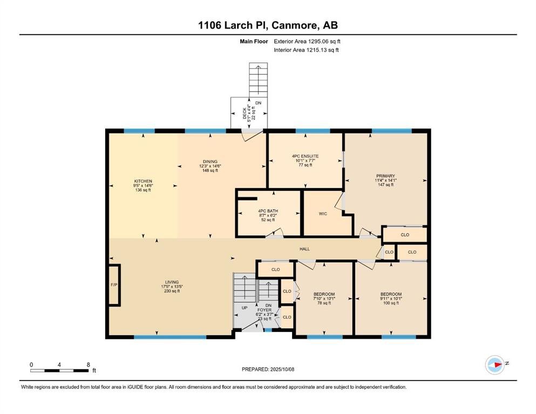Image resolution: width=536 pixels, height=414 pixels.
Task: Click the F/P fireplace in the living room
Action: coord(114,285)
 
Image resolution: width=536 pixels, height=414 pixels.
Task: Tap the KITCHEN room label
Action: coord(143,181)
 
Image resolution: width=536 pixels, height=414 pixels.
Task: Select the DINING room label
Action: coord(210,162)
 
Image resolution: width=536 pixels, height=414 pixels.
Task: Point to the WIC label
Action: coord(323,213)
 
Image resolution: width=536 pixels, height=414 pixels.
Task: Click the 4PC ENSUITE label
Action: coord(306,156)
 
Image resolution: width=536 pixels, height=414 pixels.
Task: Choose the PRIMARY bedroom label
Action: coord(385,176)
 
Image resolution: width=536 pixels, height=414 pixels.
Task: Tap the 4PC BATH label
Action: coord(268,211)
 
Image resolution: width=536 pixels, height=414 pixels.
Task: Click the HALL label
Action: coord(304,249)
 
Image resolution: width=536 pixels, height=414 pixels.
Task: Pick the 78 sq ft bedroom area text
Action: coord(324,303)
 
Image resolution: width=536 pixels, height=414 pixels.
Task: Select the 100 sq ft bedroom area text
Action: coord(391,303)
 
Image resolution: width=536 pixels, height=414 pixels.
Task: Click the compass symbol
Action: coord(495,364)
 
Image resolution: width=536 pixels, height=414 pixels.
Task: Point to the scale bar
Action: coord(59,370)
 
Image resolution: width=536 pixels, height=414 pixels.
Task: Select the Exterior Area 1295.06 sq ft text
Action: coord(307,42)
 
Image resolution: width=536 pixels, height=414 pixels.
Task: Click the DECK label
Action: coord(245,113)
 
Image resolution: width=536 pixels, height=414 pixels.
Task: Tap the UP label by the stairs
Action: coord(245,308)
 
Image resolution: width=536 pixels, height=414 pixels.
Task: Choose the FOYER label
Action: coord(264,310)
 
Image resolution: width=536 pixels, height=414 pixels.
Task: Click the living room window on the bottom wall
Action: coord(170,337)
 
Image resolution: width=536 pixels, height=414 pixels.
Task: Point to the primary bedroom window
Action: coord(392,130)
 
